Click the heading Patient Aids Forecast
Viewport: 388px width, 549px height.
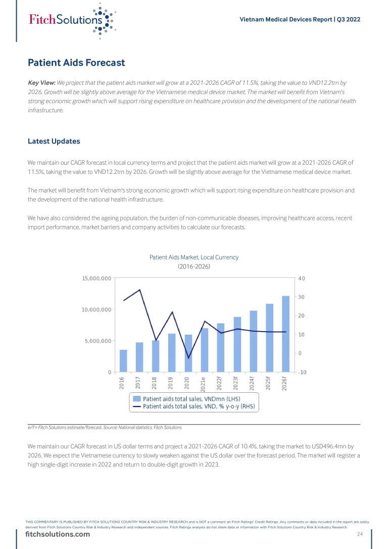point(76,63)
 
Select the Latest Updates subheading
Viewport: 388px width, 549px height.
point(54,141)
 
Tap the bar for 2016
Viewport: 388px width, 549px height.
point(123,361)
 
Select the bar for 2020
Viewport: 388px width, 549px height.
point(188,353)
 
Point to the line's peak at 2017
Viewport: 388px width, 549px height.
point(140,290)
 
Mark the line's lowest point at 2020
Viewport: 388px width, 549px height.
point(188,358)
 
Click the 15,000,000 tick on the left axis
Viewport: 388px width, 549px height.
point(96,278)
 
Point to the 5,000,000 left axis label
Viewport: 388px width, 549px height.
point(98,341)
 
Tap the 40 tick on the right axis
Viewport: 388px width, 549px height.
point(302,278)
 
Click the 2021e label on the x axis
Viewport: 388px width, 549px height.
point(204,384)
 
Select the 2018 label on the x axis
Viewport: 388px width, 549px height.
point(155,383)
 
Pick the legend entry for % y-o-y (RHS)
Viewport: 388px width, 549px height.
point(199,406)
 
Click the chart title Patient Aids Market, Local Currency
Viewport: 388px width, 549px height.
point(194,257)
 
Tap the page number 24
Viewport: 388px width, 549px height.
point(360,534)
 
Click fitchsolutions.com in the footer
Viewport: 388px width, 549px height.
point(59,534)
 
